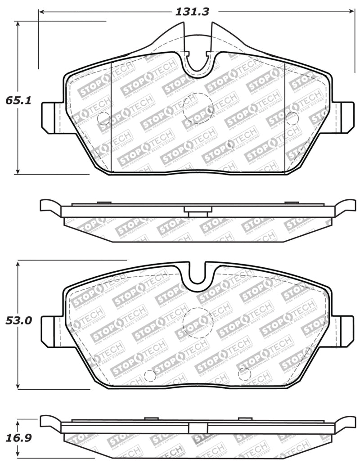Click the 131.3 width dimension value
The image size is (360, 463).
pos(193,12)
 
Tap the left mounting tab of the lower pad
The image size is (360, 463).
pos(50,331)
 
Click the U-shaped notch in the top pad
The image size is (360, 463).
pos(197,63)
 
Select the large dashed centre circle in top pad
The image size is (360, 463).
pos(198,107)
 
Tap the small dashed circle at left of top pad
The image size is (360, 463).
pos(103,118)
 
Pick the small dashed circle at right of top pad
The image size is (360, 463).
pos(292,118)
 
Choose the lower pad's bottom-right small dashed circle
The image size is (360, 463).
pos(244,373)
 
